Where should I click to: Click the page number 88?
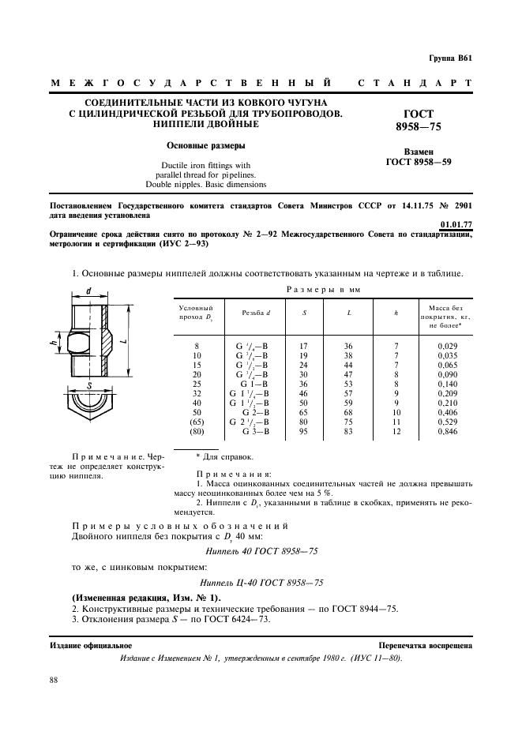pos(53,680)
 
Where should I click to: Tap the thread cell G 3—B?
pos(256,433)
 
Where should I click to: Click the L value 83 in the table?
pos(348,433)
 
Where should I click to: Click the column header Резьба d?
pos(256,313)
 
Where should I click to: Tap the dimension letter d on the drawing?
pos(88,291)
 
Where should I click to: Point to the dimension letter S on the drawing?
pos(89,385)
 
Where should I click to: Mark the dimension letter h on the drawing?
pos(53,342)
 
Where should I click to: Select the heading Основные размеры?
pos(205,146)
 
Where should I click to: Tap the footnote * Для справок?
pos(224,456)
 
